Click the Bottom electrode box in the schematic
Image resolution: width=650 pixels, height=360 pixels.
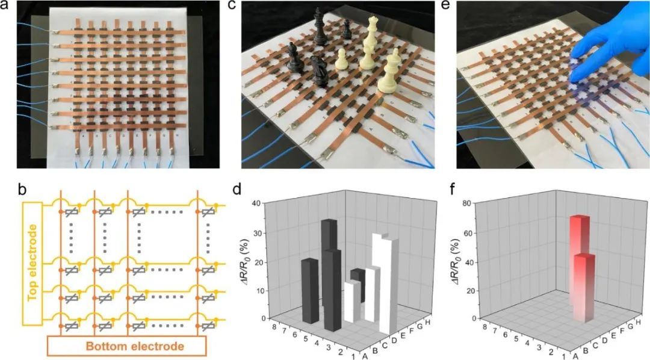(128, 346)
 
